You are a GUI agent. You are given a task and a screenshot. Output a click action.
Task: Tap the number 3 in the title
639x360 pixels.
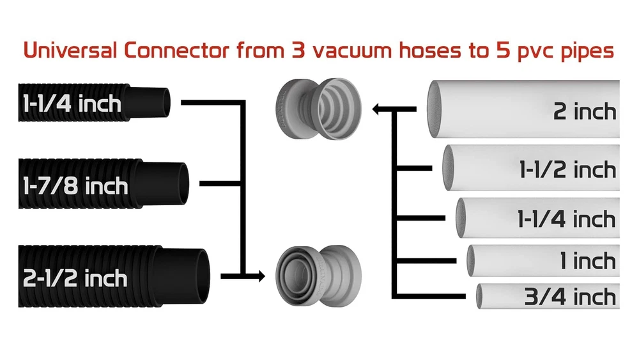click(x=296, y=51)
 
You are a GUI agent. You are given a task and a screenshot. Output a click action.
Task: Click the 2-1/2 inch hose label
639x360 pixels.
click(x=75, y=278)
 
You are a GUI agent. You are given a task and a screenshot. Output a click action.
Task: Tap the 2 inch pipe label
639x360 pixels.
click(x=584, y=111)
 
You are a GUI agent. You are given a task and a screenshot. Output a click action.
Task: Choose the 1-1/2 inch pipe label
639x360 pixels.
click(x=567, y=170)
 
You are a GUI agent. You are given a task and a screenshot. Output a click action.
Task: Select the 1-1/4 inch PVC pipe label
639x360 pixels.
click(x=566, y=219)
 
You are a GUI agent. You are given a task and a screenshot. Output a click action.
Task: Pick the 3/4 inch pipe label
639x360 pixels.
click(x=570, y=296)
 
